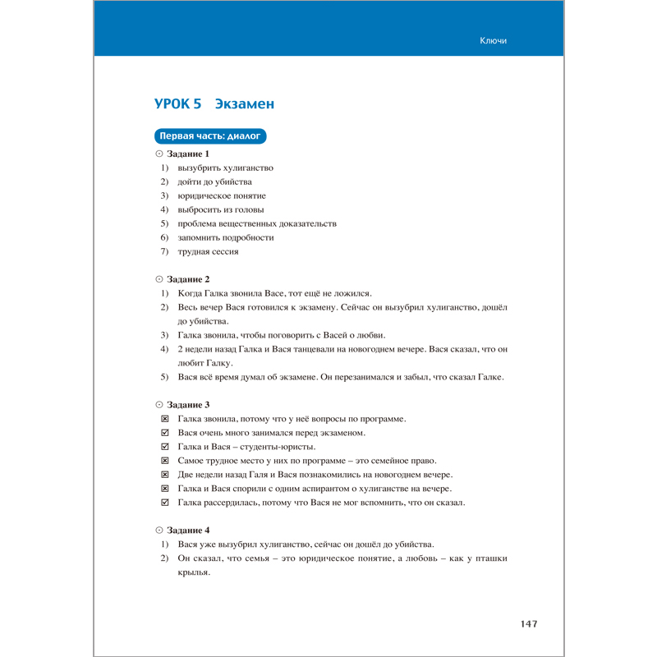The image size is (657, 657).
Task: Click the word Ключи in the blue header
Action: (493, 41)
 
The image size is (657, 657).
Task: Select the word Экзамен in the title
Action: (244, 103)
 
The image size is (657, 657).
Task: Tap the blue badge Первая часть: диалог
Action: (210, 136)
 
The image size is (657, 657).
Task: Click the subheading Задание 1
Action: (188, 154)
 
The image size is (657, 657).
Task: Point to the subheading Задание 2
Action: (188, 279)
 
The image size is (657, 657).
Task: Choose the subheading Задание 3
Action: (188, 405)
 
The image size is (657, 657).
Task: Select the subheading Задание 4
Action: (188, 531)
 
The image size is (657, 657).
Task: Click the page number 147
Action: (529, 624)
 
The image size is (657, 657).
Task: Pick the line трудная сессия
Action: (208, 251)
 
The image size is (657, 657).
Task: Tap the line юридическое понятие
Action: (221, 195)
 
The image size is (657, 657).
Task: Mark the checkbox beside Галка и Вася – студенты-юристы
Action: (164, 447)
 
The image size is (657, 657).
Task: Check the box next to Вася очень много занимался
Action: (164, 433)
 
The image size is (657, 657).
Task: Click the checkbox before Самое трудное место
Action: (164, 461)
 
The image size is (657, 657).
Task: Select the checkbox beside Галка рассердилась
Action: (164, 503)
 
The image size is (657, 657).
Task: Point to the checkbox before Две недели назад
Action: (164, 475)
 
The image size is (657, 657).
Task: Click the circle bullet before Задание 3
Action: (159, 405)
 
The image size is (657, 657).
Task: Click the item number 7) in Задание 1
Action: (164, 251)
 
